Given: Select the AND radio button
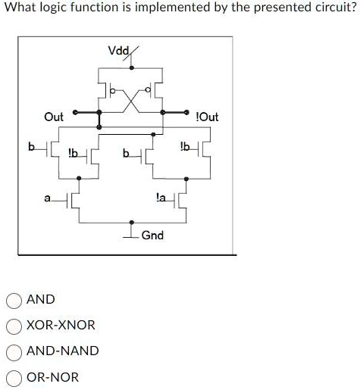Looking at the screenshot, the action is point(14,301).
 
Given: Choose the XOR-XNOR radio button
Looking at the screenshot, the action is point(14,326).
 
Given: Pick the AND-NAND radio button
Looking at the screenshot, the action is point(14,353).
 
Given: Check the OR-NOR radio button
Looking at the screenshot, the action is point(14,379).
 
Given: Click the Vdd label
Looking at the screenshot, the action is point(119,51).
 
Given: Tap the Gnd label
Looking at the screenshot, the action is point(152,236).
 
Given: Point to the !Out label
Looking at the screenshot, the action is point(207,117).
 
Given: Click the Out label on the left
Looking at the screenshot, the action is point(54,117).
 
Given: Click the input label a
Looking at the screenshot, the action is point(47,198).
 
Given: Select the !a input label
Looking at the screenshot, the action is point(161,197).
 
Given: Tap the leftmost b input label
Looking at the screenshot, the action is point(31,146).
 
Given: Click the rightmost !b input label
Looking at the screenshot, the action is point(185,146).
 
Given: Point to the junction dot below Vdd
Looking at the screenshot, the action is point(131,67).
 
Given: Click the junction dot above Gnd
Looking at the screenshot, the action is point(131,223).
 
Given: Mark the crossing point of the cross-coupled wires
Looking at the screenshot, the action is point(131,101).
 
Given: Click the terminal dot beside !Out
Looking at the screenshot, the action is point(186,112).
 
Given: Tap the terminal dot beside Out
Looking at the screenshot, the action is point(75,112).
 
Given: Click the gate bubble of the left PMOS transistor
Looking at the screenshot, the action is point(114,90).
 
